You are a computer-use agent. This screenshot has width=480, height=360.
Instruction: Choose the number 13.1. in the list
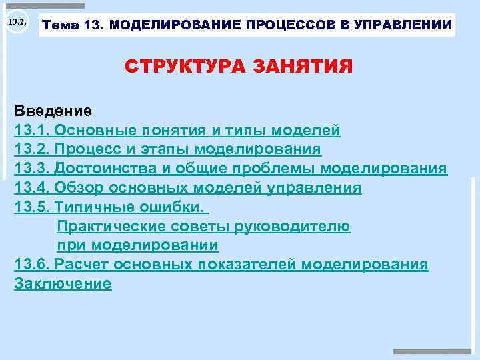32,129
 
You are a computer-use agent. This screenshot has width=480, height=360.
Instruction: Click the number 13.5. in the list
32,207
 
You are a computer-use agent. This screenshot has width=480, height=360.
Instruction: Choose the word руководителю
293,226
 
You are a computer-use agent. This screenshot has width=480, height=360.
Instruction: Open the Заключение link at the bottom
63,284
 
